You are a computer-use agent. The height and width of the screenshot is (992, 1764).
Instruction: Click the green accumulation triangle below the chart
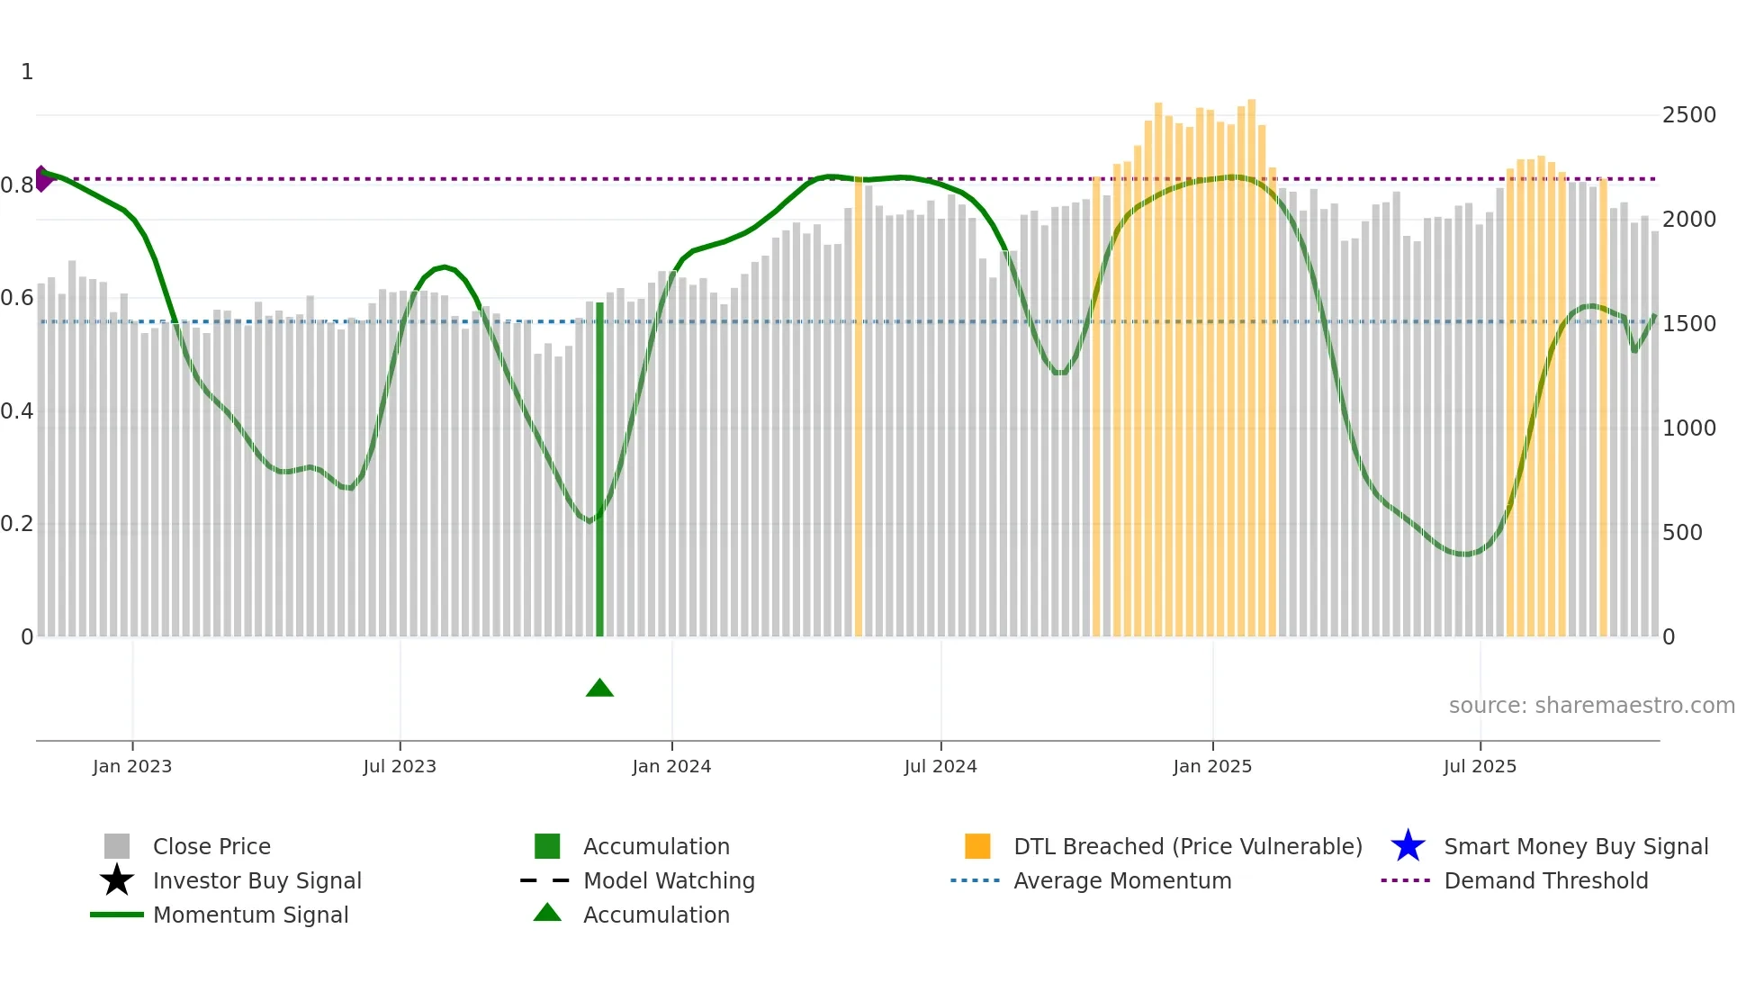pos(599,689)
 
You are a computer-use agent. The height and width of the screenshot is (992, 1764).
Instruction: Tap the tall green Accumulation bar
pos(600,468)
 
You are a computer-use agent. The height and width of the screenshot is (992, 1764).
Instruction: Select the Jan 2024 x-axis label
pos(671,767)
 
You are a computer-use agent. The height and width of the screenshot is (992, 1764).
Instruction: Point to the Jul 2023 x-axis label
pos(400,767)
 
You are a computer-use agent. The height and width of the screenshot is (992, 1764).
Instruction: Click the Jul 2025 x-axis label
pos(1480,767)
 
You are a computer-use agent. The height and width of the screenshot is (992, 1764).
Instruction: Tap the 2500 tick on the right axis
pos(1688,115)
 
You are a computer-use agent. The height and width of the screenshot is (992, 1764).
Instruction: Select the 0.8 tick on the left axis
pos(17,185)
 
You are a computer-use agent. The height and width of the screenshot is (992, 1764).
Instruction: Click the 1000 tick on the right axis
pos(1688,428)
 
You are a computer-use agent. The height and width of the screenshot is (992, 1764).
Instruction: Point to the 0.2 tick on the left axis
pos(17,524)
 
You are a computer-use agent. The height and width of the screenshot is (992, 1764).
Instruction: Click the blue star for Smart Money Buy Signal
pos(1408,846)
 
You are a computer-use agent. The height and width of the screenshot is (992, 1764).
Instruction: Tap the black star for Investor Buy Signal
pos(117,880)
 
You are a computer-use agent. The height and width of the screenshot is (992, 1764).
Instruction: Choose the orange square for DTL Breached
pos(977,846)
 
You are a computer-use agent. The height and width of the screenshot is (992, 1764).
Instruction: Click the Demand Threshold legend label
pos(1545,880)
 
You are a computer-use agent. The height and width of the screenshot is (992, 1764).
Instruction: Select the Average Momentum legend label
pos(1122,880)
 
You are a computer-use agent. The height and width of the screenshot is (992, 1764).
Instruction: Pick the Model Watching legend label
pos(669,880)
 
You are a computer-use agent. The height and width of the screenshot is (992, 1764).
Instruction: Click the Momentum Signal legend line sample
pos(117,915)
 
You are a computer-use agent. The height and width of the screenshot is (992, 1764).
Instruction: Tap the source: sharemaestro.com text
pos(1591,706)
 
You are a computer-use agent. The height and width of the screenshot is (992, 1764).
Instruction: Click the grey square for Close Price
pos(117,846)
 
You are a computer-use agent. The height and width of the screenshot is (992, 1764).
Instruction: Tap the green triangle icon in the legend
pos(547,914)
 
